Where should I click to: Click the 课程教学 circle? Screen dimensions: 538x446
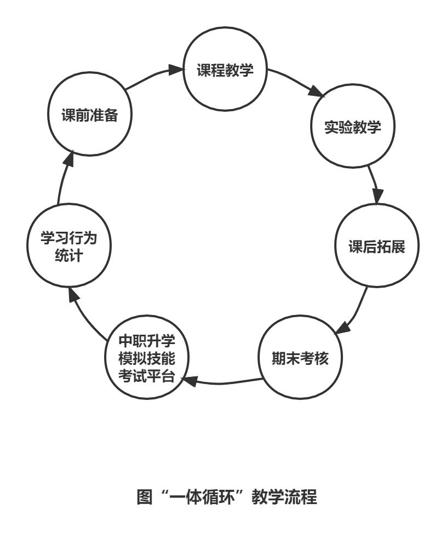tap(225, 72)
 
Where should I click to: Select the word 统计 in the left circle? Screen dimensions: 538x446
tap(69, 256)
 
